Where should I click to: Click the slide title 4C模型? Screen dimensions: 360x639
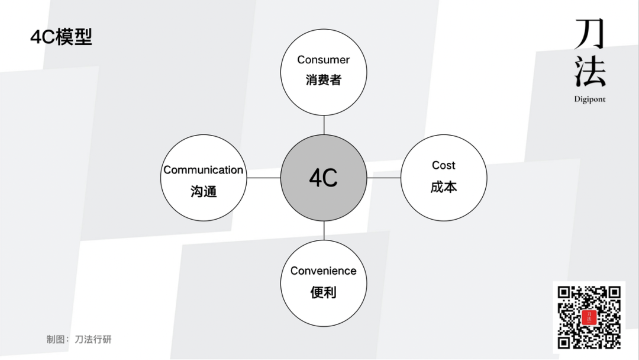pos(61,37)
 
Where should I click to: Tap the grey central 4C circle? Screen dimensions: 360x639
pos(324,178)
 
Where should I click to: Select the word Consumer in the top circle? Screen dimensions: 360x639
pos(323,60)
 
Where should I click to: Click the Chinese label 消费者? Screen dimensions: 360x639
pos(323,80)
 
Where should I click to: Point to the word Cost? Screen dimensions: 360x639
pos(444,165)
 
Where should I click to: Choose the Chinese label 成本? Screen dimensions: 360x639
pos(444,187)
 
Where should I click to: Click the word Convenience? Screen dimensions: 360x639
pos(323,271)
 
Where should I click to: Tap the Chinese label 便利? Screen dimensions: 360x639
pos(323,292)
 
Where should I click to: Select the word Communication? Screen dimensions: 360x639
pos(203,170)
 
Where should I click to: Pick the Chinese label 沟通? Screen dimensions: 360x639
pos(204,191)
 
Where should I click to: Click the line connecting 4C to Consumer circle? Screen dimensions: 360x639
pos(324,125)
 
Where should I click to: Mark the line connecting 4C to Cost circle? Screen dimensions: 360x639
pos(383,178)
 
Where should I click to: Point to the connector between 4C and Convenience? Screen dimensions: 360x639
pos(324,231)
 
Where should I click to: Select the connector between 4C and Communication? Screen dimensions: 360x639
pos(264,178)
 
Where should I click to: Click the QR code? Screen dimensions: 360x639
pos(589,317)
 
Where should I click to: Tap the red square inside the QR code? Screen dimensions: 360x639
pos(589,317)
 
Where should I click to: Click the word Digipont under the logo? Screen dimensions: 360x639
pos(589,99)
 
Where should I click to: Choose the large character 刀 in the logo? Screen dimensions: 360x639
pos(589,34)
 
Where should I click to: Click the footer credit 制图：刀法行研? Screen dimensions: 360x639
pos(79,339)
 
